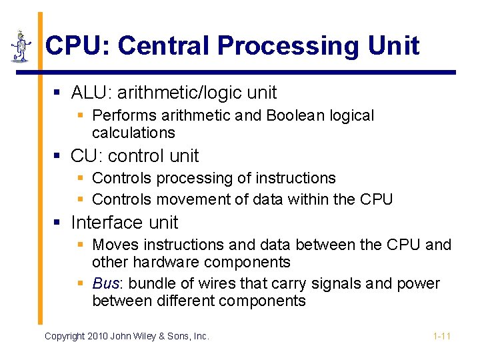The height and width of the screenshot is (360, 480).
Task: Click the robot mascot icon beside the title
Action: click(x=21, y=46)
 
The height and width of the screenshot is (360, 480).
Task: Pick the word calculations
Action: click(x=133, y=133)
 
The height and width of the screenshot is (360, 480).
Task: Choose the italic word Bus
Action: click(x=105, y=283)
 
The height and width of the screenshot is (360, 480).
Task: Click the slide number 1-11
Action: click(x=442, y=336)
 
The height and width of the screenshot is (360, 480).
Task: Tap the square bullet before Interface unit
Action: click(x=58, y=223)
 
